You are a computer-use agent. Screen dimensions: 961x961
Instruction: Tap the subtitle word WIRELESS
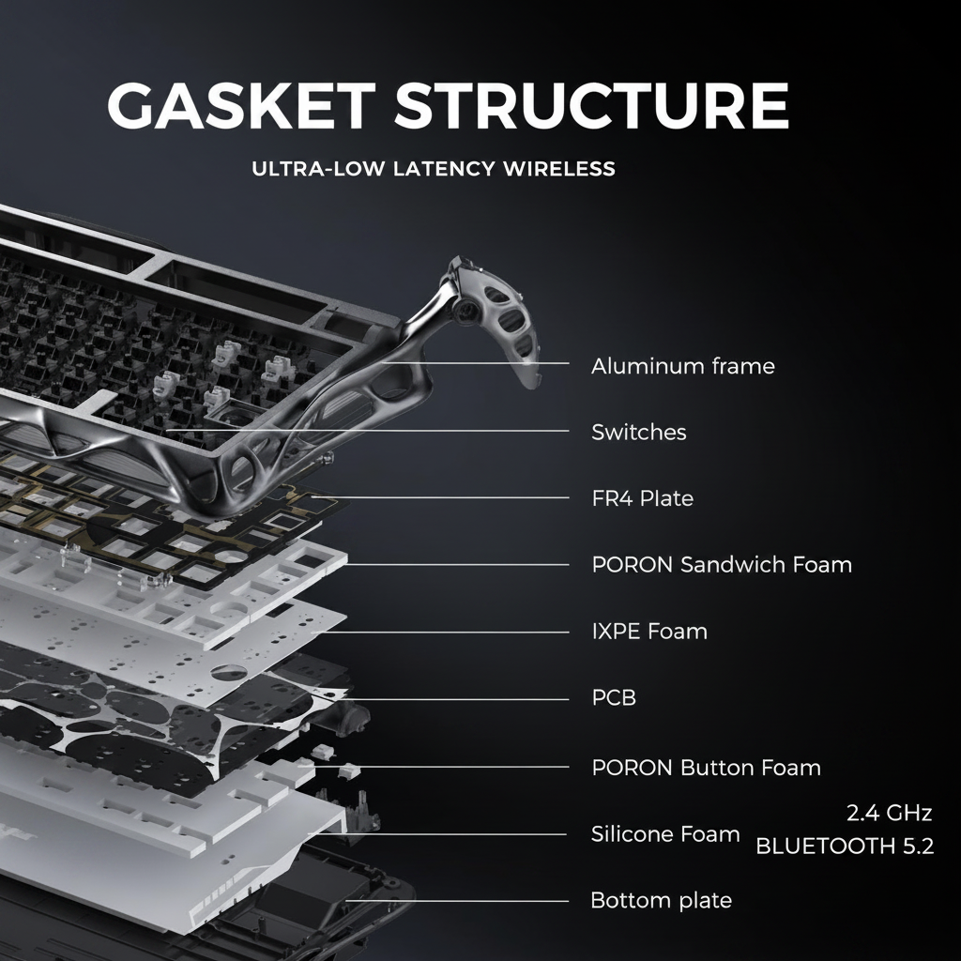pyautogui.click(x=559, y=169)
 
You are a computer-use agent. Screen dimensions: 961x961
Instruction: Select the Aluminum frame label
pyautogui.click(x=683, y=366)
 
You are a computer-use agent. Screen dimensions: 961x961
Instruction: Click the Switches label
pyautogui.click(x=638, y=432)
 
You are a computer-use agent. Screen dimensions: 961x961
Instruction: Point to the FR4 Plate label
pyautogui.click(x=642, y=498)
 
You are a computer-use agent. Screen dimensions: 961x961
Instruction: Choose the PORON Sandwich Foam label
pyautogui.click(x=722, y=564)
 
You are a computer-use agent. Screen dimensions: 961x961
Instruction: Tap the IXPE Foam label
pyautogui.click(x=649, y=632)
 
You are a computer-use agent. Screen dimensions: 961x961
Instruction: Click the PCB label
pyautogui.click(x=614, y=697)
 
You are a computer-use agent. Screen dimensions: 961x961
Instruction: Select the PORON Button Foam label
pyautogui.click(x=706, y=768)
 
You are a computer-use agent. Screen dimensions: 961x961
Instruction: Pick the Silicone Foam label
pyautogui.click(x=665, y=834)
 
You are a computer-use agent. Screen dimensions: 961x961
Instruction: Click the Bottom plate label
pyautogui.click(x=662, y=900)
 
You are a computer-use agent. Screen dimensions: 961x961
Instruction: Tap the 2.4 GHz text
pyautogui.click(x=890, y=813)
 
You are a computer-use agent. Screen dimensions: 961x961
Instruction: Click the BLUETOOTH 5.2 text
pyautogui.click(x=845, y=846)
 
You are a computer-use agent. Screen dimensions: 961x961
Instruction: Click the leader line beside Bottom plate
pyautogui.click(x=457, y=901)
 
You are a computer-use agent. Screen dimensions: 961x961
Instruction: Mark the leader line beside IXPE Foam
pyautogui.click(x=440, y=632)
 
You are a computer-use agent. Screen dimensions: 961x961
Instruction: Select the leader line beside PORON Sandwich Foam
pyautogui.click(x=456, y=565)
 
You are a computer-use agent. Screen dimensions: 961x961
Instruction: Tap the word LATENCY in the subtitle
pyautogui.click(x=443, y=169)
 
